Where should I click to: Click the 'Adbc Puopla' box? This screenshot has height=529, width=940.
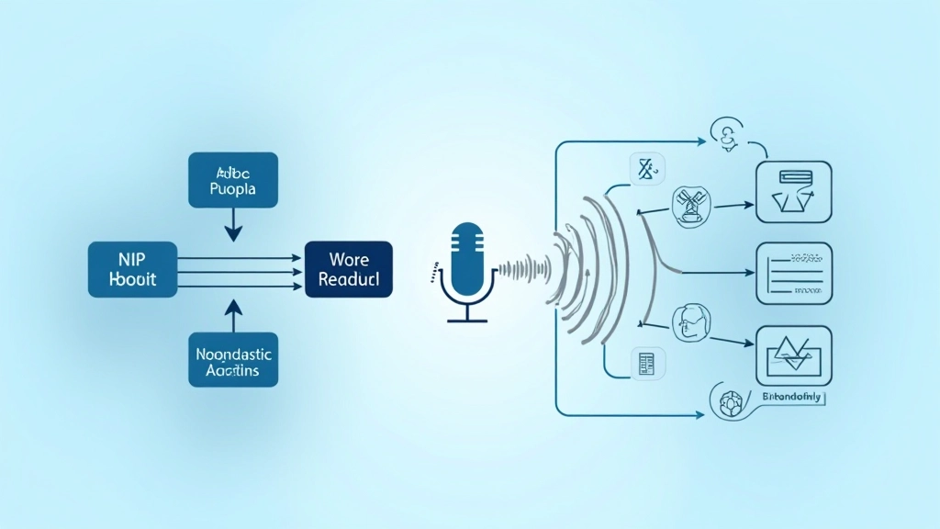click(x=232, y=179)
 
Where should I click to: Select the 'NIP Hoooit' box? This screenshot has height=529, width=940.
click(x=132, y=270)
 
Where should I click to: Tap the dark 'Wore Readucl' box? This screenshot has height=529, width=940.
click(x=348, y=270)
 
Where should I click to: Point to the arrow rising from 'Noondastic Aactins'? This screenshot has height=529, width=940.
click(x=233, y=315)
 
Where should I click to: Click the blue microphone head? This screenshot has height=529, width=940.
click(x=467, y=253)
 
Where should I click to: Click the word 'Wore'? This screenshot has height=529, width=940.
click(x=348, y=259)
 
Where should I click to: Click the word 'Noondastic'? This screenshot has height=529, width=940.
click(x=234, y=352)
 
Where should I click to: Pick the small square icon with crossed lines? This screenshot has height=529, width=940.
click(x=645, y=170)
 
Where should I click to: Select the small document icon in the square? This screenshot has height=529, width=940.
click(x=644, y=362)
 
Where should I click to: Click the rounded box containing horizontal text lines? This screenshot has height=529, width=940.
click(x=793, y=273)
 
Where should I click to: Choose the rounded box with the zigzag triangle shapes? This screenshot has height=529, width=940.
click(x=793, y=355)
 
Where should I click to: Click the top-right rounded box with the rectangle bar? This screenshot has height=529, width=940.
click(x=793, y=191)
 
